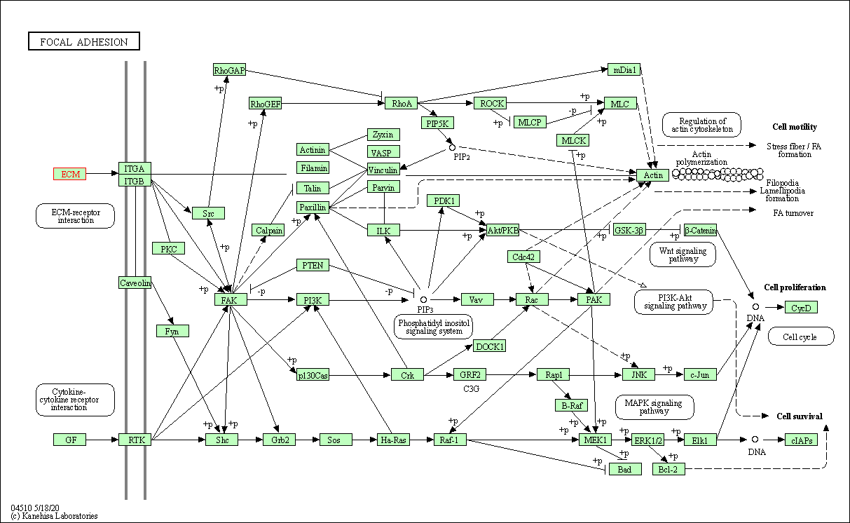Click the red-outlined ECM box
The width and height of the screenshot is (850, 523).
tap(70, 174)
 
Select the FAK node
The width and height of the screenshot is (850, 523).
tap(231, 300)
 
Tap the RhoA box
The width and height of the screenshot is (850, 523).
tap(402, 104)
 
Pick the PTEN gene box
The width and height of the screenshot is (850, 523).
tap(313, 265)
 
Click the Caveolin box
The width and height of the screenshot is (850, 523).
tap(135, 283)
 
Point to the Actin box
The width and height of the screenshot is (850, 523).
tap(653, 175)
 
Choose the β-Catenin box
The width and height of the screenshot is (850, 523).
tap(700, 230)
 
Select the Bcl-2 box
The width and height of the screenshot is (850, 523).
tap(669, 469)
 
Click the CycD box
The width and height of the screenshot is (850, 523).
tap(801, 307)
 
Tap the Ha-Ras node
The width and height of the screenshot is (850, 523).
tap(392, 440)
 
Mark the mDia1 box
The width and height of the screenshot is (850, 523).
tap(624, 69)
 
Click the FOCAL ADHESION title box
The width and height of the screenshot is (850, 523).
tap(84, 42)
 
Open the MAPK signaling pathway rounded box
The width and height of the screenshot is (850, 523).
tap(654, 407)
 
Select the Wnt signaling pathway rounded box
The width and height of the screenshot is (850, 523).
tap(683, 254)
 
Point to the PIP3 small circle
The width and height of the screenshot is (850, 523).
tap(423, 299)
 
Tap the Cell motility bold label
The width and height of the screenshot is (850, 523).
tap(794, 127)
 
